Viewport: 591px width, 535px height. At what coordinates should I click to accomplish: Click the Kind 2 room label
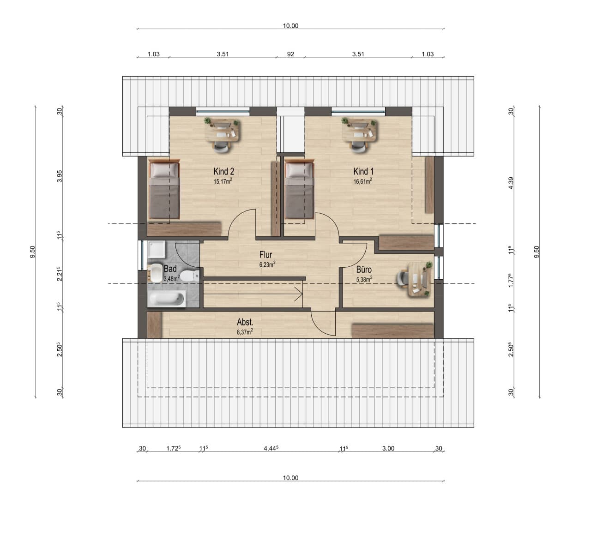click(x=223, y=171)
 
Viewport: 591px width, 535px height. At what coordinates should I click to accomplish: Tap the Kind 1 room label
click(x=363, y=171)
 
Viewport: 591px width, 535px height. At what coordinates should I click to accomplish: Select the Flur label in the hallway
click(x=265, y=254)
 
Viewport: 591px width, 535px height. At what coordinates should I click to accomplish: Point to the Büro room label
click(x=364, y=269)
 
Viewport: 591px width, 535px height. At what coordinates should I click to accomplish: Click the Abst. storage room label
click(x=245, y=322)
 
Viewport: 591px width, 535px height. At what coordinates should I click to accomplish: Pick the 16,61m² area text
click(x=362, y=181)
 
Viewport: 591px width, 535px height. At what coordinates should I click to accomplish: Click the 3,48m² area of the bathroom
click(x=171, y=278)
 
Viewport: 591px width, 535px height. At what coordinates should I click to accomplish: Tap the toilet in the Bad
click(x=190, y=276)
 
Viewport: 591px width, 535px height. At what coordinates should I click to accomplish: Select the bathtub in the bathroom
click(x=167, y=299)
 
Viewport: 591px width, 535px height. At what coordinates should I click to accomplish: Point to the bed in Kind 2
click(x=164, y=189)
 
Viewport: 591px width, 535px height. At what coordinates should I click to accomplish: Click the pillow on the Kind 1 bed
click(x=299, y=170)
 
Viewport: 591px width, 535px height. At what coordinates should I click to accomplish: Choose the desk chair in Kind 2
click(x=221, y=146)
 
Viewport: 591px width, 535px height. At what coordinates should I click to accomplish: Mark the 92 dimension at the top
click(x=290, y=54)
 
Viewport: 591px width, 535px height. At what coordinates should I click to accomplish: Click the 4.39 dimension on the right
click(x=511, y=183)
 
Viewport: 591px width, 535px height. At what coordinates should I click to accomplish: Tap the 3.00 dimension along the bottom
click(x=388, y=448)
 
